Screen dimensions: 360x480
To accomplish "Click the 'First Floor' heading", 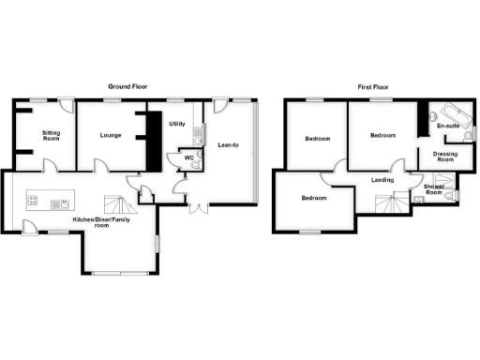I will [x=374, y=86].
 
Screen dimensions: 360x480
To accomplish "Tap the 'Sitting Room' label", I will [x=51, y=137].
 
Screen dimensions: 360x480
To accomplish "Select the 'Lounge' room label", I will [x=112, y=135].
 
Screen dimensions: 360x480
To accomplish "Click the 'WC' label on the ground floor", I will [x=188, y=157].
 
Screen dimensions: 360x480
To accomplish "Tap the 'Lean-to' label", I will [x=227, y=145].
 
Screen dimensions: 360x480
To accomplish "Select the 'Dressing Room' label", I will [x=445, y=157].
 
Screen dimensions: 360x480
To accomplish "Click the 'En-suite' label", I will [x=447, y=126].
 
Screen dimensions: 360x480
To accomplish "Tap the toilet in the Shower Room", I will [x=457, y=195].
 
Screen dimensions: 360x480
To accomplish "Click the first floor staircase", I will [x=387, y=202].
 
